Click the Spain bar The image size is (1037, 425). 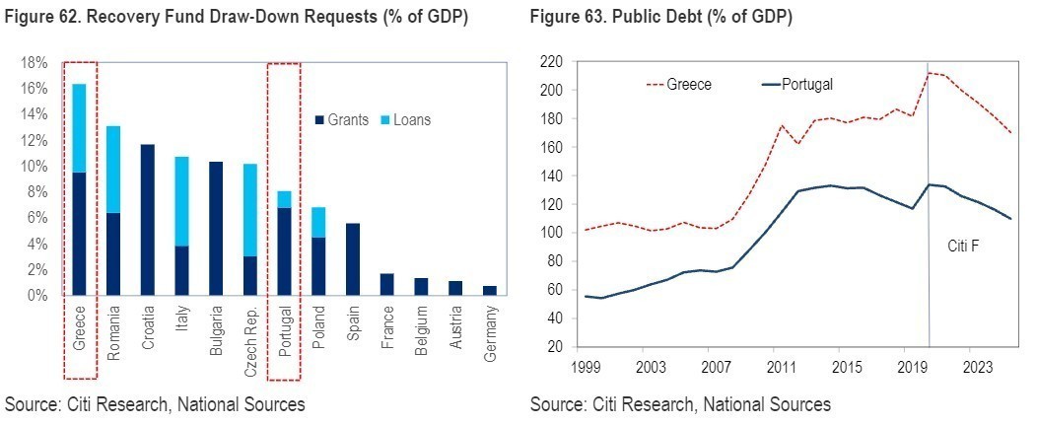coord(352,259)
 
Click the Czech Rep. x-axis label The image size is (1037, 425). coord(250,339)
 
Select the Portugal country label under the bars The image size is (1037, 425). coord(284,335)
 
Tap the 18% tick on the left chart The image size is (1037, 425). coord(35,62)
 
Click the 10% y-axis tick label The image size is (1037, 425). coord(35,166)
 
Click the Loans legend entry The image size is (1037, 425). coord(405,120)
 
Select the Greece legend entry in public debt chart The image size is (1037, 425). coord(688,84)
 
